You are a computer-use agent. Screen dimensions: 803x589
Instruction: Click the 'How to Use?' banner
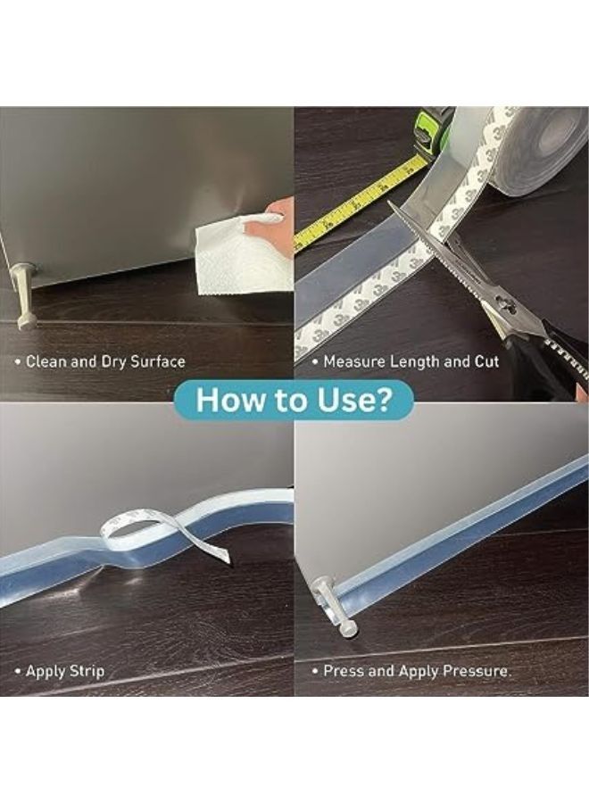(x=294, y=399)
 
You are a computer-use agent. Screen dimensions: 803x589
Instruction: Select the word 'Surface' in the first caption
(x=158, y=362)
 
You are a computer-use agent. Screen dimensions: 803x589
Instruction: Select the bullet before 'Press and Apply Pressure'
(x=315, y=671)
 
